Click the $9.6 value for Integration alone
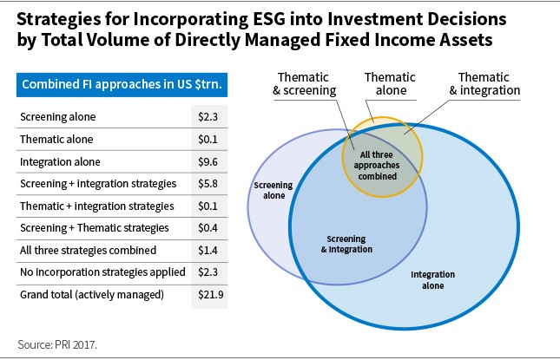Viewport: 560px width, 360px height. point(208,162)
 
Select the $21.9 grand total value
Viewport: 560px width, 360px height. point(211,295)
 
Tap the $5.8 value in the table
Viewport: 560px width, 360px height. point(208,184)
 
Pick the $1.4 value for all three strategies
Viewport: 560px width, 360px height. point(208,251)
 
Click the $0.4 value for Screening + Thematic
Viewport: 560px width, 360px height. point(208,228)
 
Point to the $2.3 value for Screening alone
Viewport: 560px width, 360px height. point(208,117)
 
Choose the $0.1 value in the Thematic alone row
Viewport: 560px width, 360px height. point(208,139)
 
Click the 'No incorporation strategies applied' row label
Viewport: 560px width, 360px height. point(102,272)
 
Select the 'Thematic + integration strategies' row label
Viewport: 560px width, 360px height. point(96,206)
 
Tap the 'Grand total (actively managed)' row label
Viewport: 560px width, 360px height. point(92,295)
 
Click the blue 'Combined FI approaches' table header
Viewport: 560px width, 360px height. point(122,84)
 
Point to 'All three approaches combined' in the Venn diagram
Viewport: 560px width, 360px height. point(377,166)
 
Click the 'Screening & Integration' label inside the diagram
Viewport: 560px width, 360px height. point(346,244)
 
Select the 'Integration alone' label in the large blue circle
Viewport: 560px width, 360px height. point(433,280)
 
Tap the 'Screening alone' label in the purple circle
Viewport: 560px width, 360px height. point(273,190)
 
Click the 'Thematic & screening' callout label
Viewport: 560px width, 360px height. point(304,84)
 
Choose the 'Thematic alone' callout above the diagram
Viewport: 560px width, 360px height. point(390,84)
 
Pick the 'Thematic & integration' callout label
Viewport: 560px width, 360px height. point(484,84)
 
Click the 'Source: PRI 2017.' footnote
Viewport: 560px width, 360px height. point(57,344)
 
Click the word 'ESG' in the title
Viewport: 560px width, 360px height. point(269,19)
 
